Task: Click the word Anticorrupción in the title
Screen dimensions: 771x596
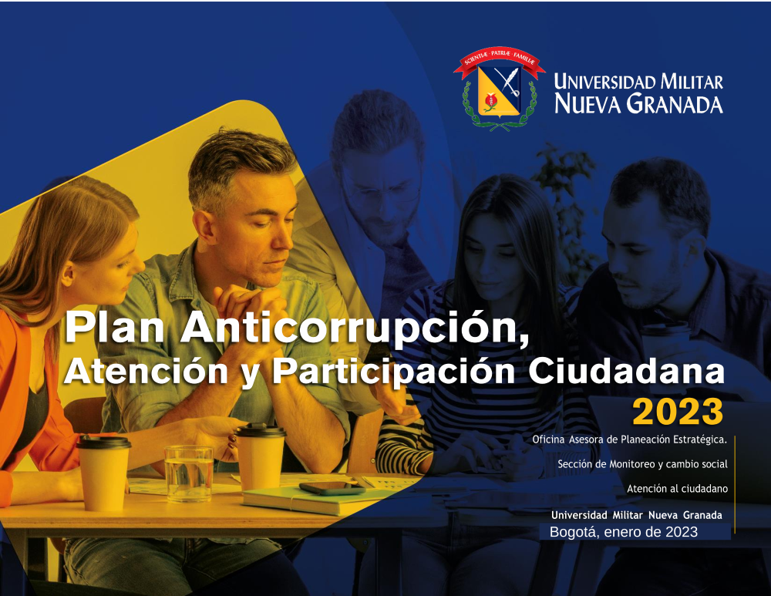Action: click(355, 328)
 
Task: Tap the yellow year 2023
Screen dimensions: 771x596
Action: click(678, 412)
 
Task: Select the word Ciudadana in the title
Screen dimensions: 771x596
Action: click(626, 372)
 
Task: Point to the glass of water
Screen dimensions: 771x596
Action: click(189, 473)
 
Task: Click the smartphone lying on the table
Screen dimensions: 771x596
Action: click(332, 488)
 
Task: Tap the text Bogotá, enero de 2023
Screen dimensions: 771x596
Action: click(624, 531)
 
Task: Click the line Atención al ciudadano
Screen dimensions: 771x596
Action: click(677, 489)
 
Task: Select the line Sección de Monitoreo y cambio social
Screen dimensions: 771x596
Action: click(642, 463)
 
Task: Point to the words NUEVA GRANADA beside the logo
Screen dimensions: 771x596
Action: click(638, 104)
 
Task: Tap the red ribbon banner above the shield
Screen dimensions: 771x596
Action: click(500, 61)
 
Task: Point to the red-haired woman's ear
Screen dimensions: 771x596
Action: click(68, 275)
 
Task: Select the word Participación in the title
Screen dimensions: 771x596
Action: click(394, 372)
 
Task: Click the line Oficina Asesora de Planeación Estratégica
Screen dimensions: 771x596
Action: click(629, 439)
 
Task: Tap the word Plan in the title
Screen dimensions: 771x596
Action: click(115, 328)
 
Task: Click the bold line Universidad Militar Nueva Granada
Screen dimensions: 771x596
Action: click(637, 515)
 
